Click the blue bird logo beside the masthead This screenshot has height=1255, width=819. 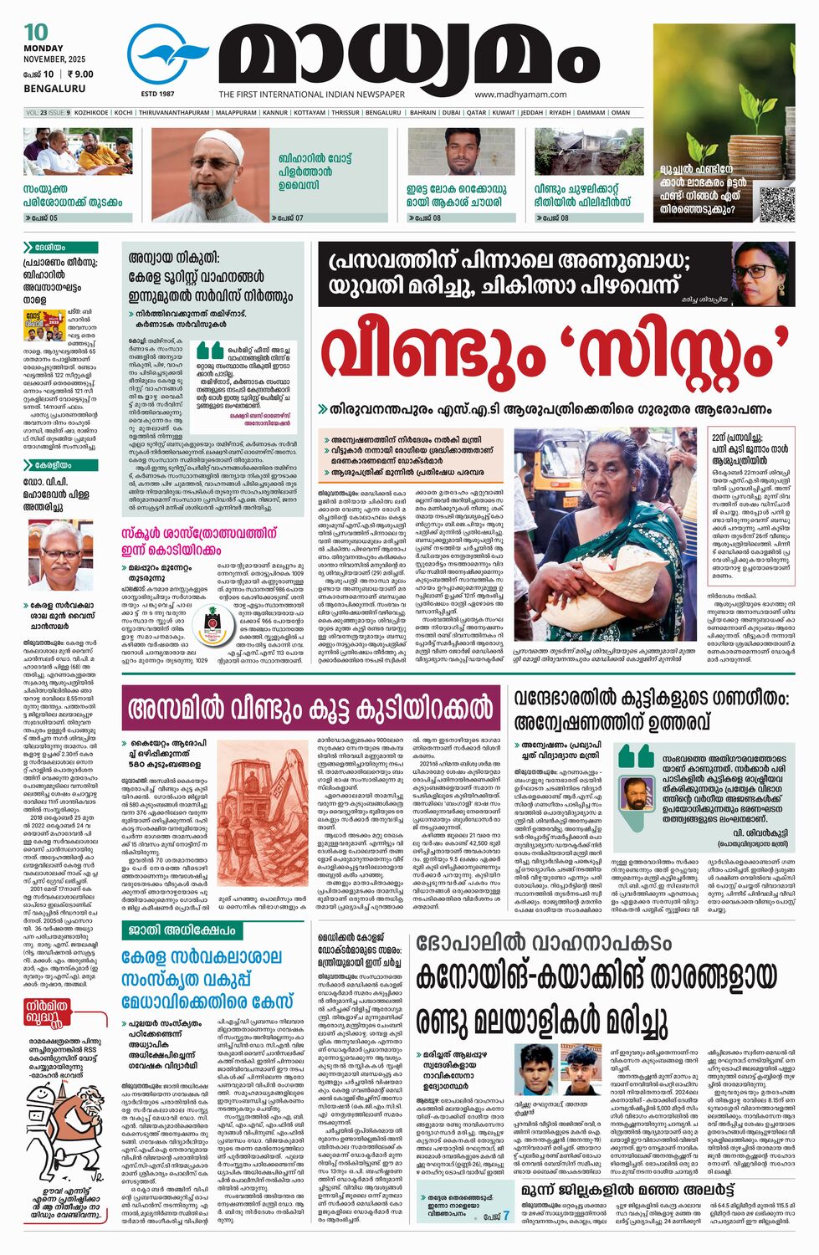point(168,55)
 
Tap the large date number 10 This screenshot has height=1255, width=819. point(36,33)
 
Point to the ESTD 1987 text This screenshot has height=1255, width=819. point(157,94)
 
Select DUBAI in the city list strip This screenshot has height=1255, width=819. point(452,112)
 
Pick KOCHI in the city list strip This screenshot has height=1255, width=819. point(124,112)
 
